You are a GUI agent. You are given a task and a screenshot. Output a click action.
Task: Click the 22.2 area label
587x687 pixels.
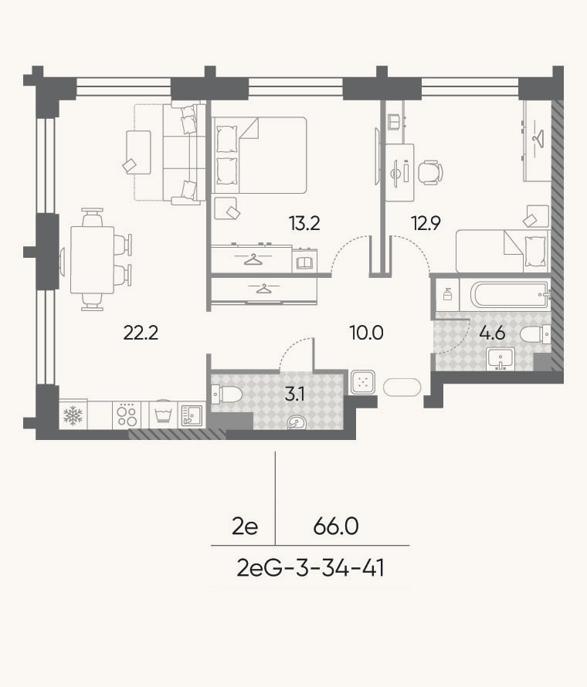coord(141,333)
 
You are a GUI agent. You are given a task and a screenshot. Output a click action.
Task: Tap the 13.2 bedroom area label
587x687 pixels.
coord(304,223)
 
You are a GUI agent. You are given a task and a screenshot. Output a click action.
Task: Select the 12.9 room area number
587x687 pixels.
coord(426,223)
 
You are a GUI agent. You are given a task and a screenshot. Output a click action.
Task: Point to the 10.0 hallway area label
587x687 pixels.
coord(367,333)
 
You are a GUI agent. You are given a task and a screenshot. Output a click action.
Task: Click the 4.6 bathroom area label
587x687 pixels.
coord(492,333)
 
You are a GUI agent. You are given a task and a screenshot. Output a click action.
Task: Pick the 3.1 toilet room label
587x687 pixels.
coord(294,394)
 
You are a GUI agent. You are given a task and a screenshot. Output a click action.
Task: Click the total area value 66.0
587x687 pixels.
coord(336,526)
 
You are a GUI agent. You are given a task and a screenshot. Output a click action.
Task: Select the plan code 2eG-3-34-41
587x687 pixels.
coord(310,568)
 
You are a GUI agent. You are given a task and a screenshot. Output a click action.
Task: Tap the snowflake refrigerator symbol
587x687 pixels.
coord(73,415)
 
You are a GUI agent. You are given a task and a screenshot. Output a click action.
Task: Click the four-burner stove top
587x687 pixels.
coord(127,415)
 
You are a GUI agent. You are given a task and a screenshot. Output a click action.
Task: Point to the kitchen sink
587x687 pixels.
coord(192,415)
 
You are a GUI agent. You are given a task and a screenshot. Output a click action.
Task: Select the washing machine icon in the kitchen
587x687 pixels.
coord(163,414)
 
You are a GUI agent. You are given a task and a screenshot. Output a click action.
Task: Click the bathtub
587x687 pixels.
coord(511,294)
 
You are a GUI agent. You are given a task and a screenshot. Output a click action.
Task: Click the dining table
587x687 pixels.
coord(93,259)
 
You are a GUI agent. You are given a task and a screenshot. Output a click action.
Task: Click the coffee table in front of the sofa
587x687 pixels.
coord(138,152)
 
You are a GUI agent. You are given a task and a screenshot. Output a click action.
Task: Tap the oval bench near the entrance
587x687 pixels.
coord(402,387)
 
